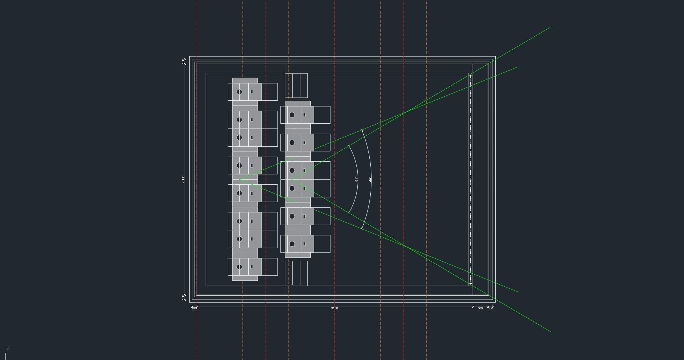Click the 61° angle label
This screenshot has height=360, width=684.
[356, 179]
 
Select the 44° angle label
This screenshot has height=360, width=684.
[370, 179]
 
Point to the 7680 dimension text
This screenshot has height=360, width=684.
[183, 179]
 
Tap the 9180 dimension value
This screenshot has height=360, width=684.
[334, 308]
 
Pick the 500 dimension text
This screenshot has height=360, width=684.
[480, 308]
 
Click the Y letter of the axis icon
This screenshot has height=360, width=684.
[8, 349]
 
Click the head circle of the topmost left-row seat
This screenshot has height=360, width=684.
[239, 92]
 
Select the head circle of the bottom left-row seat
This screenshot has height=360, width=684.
[239, 267]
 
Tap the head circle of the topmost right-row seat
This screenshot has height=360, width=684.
[292, 115]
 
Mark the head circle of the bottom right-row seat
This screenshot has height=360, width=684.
[292, 244]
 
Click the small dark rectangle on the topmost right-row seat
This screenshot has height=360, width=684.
[304, 115]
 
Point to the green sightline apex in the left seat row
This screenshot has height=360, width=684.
[240, 179]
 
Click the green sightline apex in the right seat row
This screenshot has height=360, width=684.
[292, 179]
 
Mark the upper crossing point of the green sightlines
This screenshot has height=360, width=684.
[405, 113]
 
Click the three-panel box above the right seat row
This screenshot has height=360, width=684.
[296, 86]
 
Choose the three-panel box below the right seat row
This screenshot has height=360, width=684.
[296, 273]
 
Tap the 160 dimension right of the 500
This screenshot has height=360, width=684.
[491, 308]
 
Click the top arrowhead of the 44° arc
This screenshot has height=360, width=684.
[362, 130]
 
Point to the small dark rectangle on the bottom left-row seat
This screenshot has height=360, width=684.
[252, 267]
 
